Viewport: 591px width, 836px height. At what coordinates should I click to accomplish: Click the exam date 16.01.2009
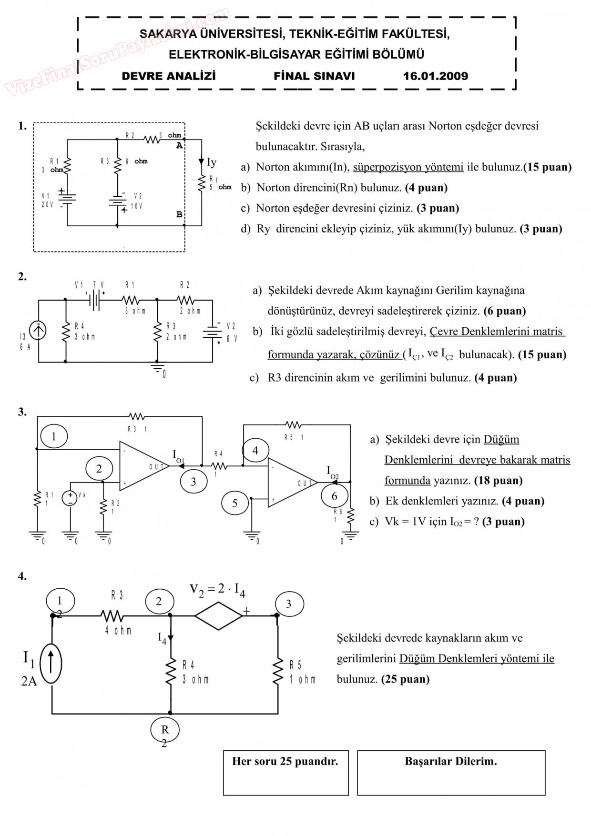(x=435, y=76)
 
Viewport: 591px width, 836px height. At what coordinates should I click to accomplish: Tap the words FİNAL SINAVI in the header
(x=314, y=76)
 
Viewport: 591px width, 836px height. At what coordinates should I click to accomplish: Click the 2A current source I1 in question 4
(x=51, y=664)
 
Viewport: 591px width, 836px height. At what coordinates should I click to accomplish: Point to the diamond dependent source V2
(x=218, y=615)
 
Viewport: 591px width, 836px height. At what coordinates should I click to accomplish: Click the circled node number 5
(x=234, y=504)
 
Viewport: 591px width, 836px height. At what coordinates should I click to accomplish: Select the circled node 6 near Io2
(x=334, y=496)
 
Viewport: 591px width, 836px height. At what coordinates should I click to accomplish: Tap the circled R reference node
(x=165, y=729)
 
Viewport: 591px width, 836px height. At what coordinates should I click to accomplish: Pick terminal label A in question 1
(x=179, y=146)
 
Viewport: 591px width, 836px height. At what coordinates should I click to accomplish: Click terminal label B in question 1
(x=179, y=215)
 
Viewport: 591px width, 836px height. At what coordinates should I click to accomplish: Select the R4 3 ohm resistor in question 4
(x=171, y=672)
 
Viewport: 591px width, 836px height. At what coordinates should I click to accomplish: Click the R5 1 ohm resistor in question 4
(x=277, y=672)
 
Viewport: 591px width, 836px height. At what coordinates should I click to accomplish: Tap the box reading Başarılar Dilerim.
(x=451, y=773)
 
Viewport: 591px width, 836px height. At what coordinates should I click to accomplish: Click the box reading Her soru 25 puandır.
(x=285, y=773)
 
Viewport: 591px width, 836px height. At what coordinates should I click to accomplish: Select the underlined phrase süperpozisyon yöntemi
(x=408, y=167)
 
